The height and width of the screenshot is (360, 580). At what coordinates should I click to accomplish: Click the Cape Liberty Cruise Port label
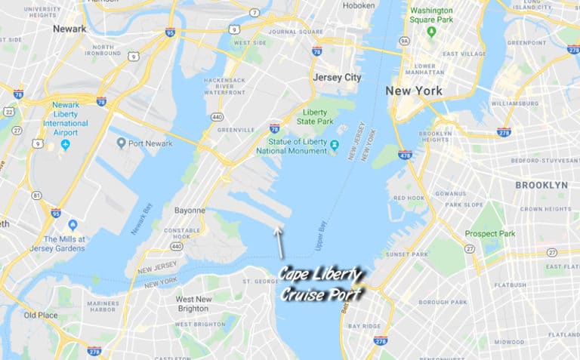pos(322,284)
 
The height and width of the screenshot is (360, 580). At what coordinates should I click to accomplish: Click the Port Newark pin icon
pos(121,143)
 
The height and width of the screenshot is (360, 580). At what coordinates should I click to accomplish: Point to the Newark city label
pos(69,28)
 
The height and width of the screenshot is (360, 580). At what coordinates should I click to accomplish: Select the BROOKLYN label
pos(541,185)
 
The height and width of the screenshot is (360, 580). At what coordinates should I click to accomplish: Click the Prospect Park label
pos(489,233)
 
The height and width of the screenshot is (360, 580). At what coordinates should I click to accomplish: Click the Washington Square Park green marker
pos(431,32)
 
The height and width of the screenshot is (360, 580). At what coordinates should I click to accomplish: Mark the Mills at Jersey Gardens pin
pos(72,225)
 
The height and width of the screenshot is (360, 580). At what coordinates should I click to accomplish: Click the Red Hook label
pos(409,198)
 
